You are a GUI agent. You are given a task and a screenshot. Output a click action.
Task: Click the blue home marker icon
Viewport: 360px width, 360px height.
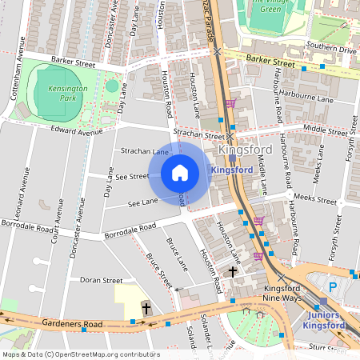[180, 172]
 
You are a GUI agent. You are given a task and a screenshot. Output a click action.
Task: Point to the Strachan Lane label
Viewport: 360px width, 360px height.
[144, 151]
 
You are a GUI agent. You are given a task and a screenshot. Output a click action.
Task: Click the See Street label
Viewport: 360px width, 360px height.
[132, 176]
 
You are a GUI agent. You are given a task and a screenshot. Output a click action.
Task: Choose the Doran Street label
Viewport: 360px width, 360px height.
[101, 281]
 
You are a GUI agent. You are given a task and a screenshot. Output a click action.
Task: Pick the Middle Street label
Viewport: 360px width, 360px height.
[325, 128]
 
